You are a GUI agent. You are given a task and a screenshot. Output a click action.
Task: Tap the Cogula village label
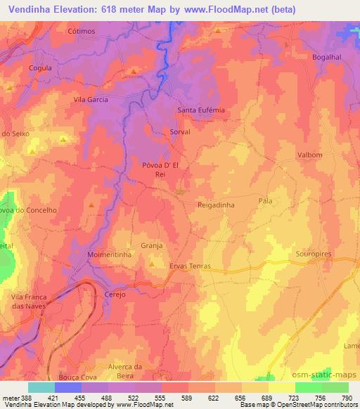click(x=40, y=68)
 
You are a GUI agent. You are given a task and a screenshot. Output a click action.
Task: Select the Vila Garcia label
click(x=91, y=100)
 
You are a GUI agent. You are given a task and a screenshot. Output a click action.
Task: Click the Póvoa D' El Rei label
click(x=162, y=169)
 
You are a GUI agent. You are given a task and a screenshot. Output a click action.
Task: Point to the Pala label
click(x=265, y=201)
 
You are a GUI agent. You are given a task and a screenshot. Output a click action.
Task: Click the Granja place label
click(x=152, y=246)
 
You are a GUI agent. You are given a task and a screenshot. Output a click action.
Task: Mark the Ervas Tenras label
click(x=190, y=266)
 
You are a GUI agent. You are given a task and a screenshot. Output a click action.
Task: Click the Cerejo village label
click(x=115, y=294)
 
